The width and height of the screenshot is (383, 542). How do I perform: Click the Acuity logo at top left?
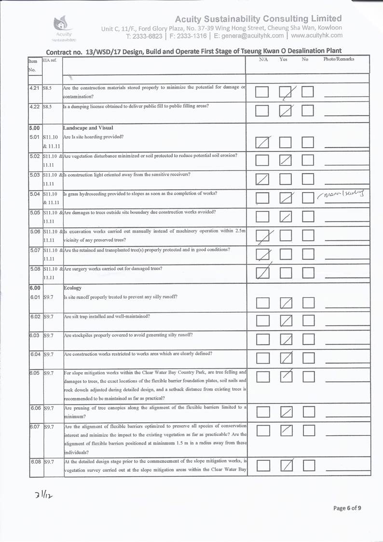tap(63, 26)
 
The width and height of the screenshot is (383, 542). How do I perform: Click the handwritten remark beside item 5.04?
tap(340, 195)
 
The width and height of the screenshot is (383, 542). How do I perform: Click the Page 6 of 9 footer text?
tap(347, 507)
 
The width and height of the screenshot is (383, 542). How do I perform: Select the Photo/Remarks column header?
tap(339, 59)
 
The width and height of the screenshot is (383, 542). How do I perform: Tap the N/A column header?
tap(263, 59)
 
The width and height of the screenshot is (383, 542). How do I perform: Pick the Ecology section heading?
tap(73, 288)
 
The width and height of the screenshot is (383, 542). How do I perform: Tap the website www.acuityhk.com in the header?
tap(317, 35)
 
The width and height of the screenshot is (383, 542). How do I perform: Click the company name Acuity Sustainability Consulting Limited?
tap(259, 19)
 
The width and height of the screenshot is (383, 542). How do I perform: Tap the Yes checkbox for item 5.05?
tap(287, 216)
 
